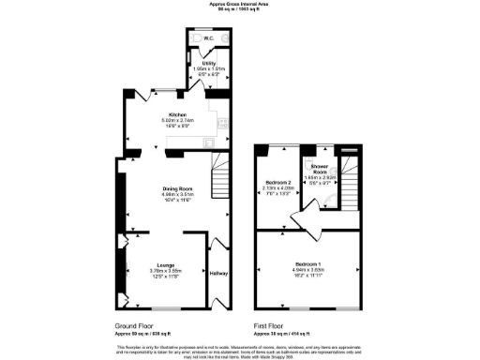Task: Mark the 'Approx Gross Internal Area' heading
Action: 239,5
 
